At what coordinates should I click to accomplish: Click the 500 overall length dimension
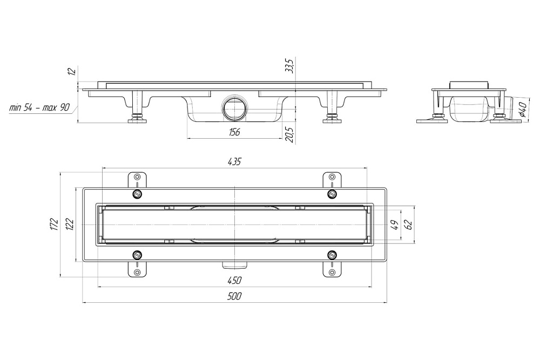234,296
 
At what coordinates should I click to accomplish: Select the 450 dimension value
234,280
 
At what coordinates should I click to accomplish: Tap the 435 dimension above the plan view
234,161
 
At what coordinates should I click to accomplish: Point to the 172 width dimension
54,224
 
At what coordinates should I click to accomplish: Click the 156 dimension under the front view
234,132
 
